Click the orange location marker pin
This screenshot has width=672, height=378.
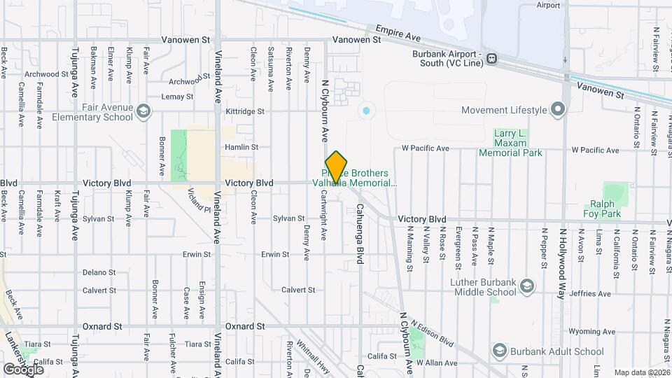click(336, 167)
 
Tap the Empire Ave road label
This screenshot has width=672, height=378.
click(397, 32)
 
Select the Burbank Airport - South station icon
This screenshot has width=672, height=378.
click(492, 58)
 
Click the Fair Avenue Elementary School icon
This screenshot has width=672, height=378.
click(143, 111)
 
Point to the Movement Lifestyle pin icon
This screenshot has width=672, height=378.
click(558, 110)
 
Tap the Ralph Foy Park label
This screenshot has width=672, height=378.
click(602, 209)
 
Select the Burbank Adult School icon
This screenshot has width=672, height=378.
click(499, 351)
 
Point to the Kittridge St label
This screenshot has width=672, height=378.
click(245, 111)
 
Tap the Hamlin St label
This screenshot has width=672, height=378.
click(241, 148)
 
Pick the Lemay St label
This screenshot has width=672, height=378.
click(177, 97)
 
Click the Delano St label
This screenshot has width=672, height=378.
click(99, 272)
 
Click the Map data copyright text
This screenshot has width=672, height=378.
click(641, 372)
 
